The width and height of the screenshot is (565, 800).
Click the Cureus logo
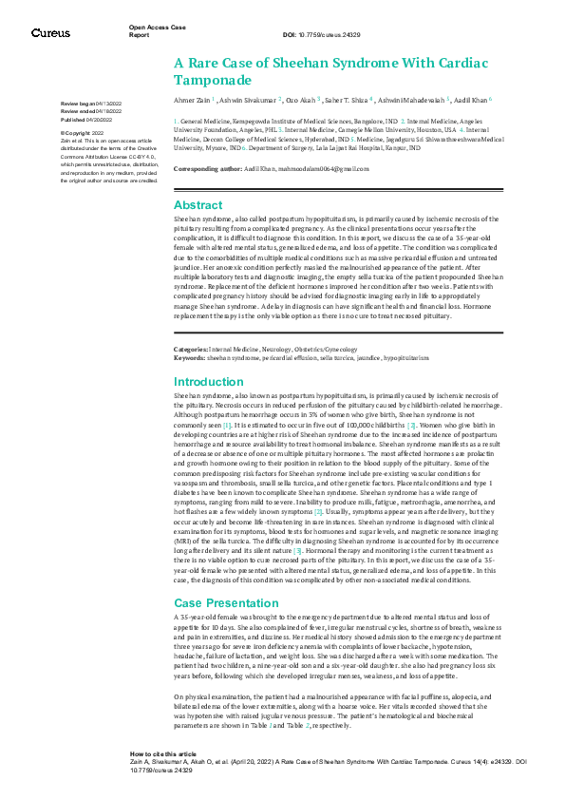pos(50,33)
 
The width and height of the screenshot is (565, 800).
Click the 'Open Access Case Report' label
pos(153,31)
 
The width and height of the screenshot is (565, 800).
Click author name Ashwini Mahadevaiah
pos(414,99)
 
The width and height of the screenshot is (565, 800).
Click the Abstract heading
pos(198,205)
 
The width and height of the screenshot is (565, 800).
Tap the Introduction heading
pos(209,381)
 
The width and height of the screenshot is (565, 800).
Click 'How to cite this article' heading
pos(163,752)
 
